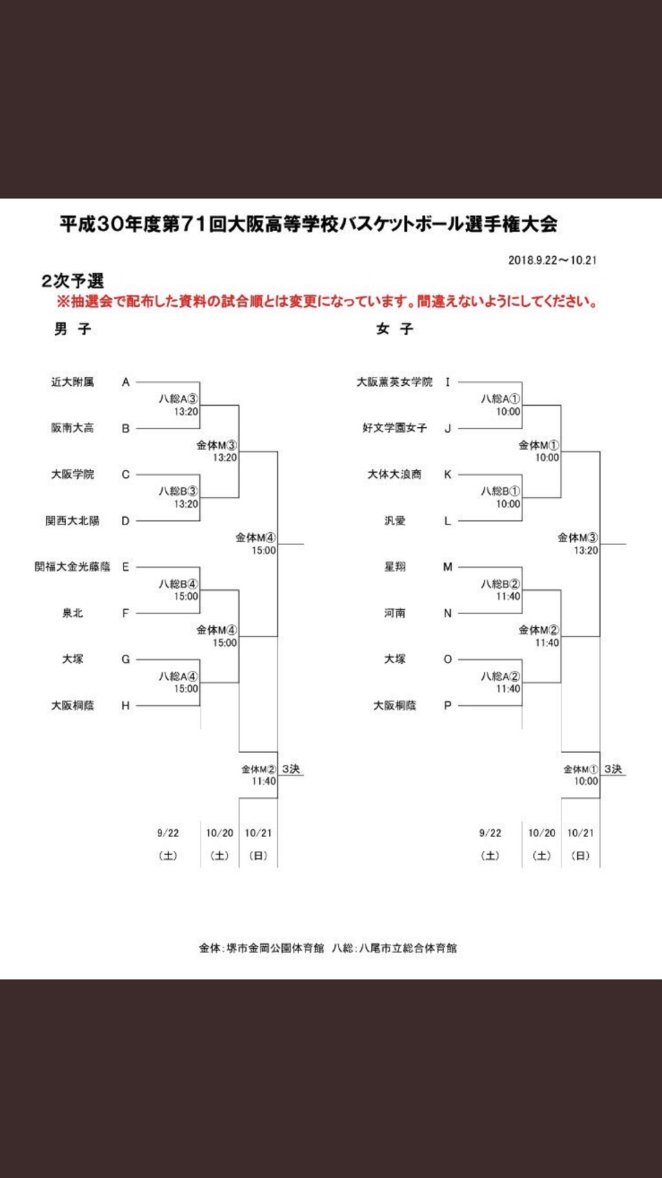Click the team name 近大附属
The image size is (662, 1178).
point(72,382)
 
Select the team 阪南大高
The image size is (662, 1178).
point(72,428)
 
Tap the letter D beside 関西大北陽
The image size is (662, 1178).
point(126,520)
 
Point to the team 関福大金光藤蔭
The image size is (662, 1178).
point(72,567)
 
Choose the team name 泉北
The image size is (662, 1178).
point(72,613)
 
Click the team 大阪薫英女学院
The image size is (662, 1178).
point(394,382)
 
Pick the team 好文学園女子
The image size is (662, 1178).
point(394,428)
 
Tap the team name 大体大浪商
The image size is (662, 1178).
point(394,474)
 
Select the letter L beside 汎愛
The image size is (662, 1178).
point(448,520)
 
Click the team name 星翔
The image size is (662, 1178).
point(394,567)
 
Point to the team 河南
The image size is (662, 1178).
point(394,613)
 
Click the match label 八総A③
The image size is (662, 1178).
point(179,399)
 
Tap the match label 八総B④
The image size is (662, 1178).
point(179,585)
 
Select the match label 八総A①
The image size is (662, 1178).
point(501,399)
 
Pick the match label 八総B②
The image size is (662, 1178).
point(501,585)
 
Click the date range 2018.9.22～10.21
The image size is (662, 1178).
point(552,259)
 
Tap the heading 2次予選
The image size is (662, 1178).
point(72,282)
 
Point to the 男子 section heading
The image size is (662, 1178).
point(72,329)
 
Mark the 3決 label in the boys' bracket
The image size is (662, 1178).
point(291,769)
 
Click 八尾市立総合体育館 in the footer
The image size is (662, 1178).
point(408,948)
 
